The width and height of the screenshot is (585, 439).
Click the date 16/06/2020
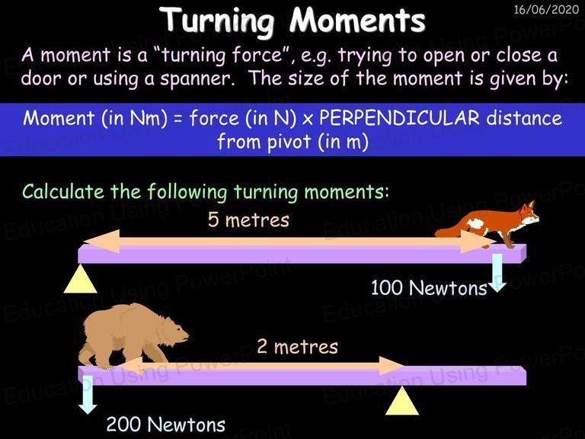point(546,9)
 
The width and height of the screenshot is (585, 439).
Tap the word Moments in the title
point(358,20)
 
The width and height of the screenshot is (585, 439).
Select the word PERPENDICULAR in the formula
point(399,118)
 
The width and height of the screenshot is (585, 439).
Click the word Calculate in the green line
point(63,191)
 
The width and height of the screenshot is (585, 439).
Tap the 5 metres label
point(248,219)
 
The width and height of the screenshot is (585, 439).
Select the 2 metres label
point(297,347)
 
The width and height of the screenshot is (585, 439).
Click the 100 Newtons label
point(429,288)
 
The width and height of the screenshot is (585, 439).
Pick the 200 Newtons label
point(165,425)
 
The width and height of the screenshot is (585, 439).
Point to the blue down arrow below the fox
point(497,273)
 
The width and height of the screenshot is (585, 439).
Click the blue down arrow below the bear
point(88,395)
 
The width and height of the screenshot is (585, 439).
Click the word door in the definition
point(41,79)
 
